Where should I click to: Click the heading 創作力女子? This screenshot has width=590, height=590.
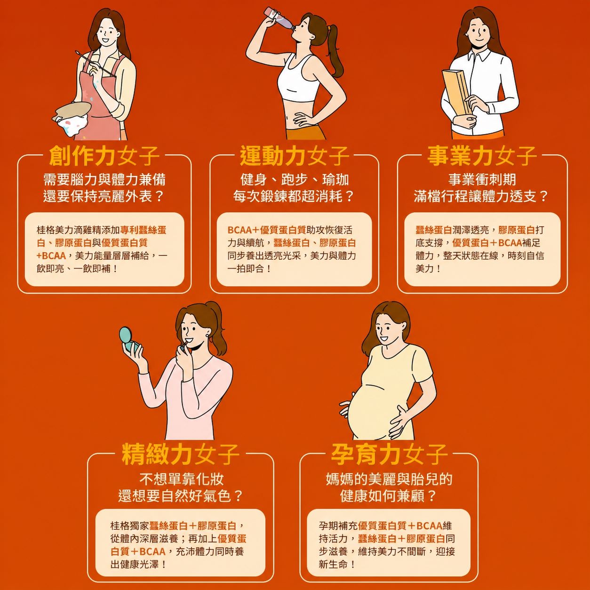coord(104,156)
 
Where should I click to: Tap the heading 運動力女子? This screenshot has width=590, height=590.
coord(294,156)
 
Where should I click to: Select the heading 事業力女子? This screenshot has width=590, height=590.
coord(482,156)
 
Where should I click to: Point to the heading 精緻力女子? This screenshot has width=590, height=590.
coord(181,454)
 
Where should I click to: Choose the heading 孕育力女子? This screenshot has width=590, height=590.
coord(389,454)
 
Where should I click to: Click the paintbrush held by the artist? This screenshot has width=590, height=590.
coord(95,64)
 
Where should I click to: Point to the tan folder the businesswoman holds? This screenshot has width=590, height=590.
coord(457,92)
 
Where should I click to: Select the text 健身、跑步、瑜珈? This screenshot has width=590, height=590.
coord(295,179)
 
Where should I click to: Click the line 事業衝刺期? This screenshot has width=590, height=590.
coord(482,179)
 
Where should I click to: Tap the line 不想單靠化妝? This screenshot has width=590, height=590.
coord(181,479)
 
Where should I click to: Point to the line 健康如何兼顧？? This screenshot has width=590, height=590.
coord(388,496)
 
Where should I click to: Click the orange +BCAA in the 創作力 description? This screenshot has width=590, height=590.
coord(51,255)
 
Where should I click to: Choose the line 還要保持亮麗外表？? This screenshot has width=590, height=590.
coord(104,196)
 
